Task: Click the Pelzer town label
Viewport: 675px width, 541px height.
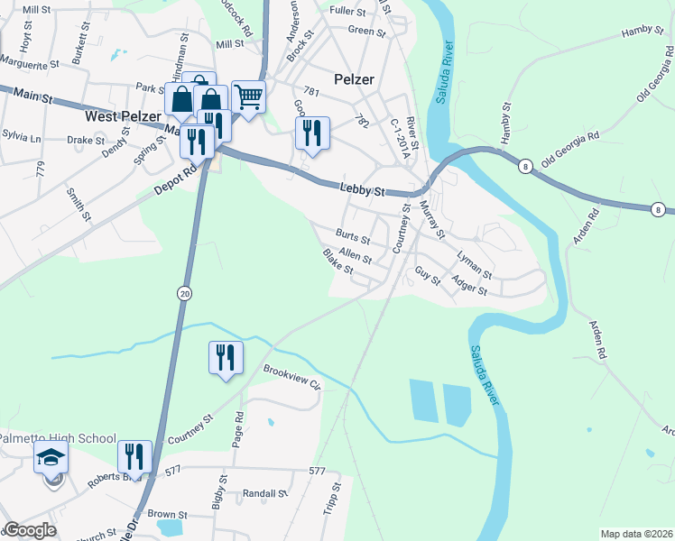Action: [x=353, y=79]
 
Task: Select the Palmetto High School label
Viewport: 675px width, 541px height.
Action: [x=58, y=439]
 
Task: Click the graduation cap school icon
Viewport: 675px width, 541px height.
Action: [x=51, y=458]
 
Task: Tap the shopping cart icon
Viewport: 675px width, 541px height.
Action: [x=248, y=96]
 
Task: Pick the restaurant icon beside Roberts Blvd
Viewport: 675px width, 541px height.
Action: [x=134, y=457]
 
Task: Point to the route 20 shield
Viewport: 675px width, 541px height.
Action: [x=184, y=294]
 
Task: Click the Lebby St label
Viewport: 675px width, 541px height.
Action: [x=363, y=190]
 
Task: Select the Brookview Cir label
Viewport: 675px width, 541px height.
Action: [x=291, y=376]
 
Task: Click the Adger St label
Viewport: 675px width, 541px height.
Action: [x=469, y=287]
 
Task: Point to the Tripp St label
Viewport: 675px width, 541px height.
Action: [x=331, y=499]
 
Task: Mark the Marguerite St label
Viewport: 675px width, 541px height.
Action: [x=30, y=65]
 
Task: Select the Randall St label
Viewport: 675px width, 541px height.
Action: [x=264, y=494]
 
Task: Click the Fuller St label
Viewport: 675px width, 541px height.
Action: [x=347, y=12]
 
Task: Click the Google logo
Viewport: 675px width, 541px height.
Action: [x=30, y=530]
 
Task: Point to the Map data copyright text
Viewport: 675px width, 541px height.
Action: [x=636, y=534]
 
